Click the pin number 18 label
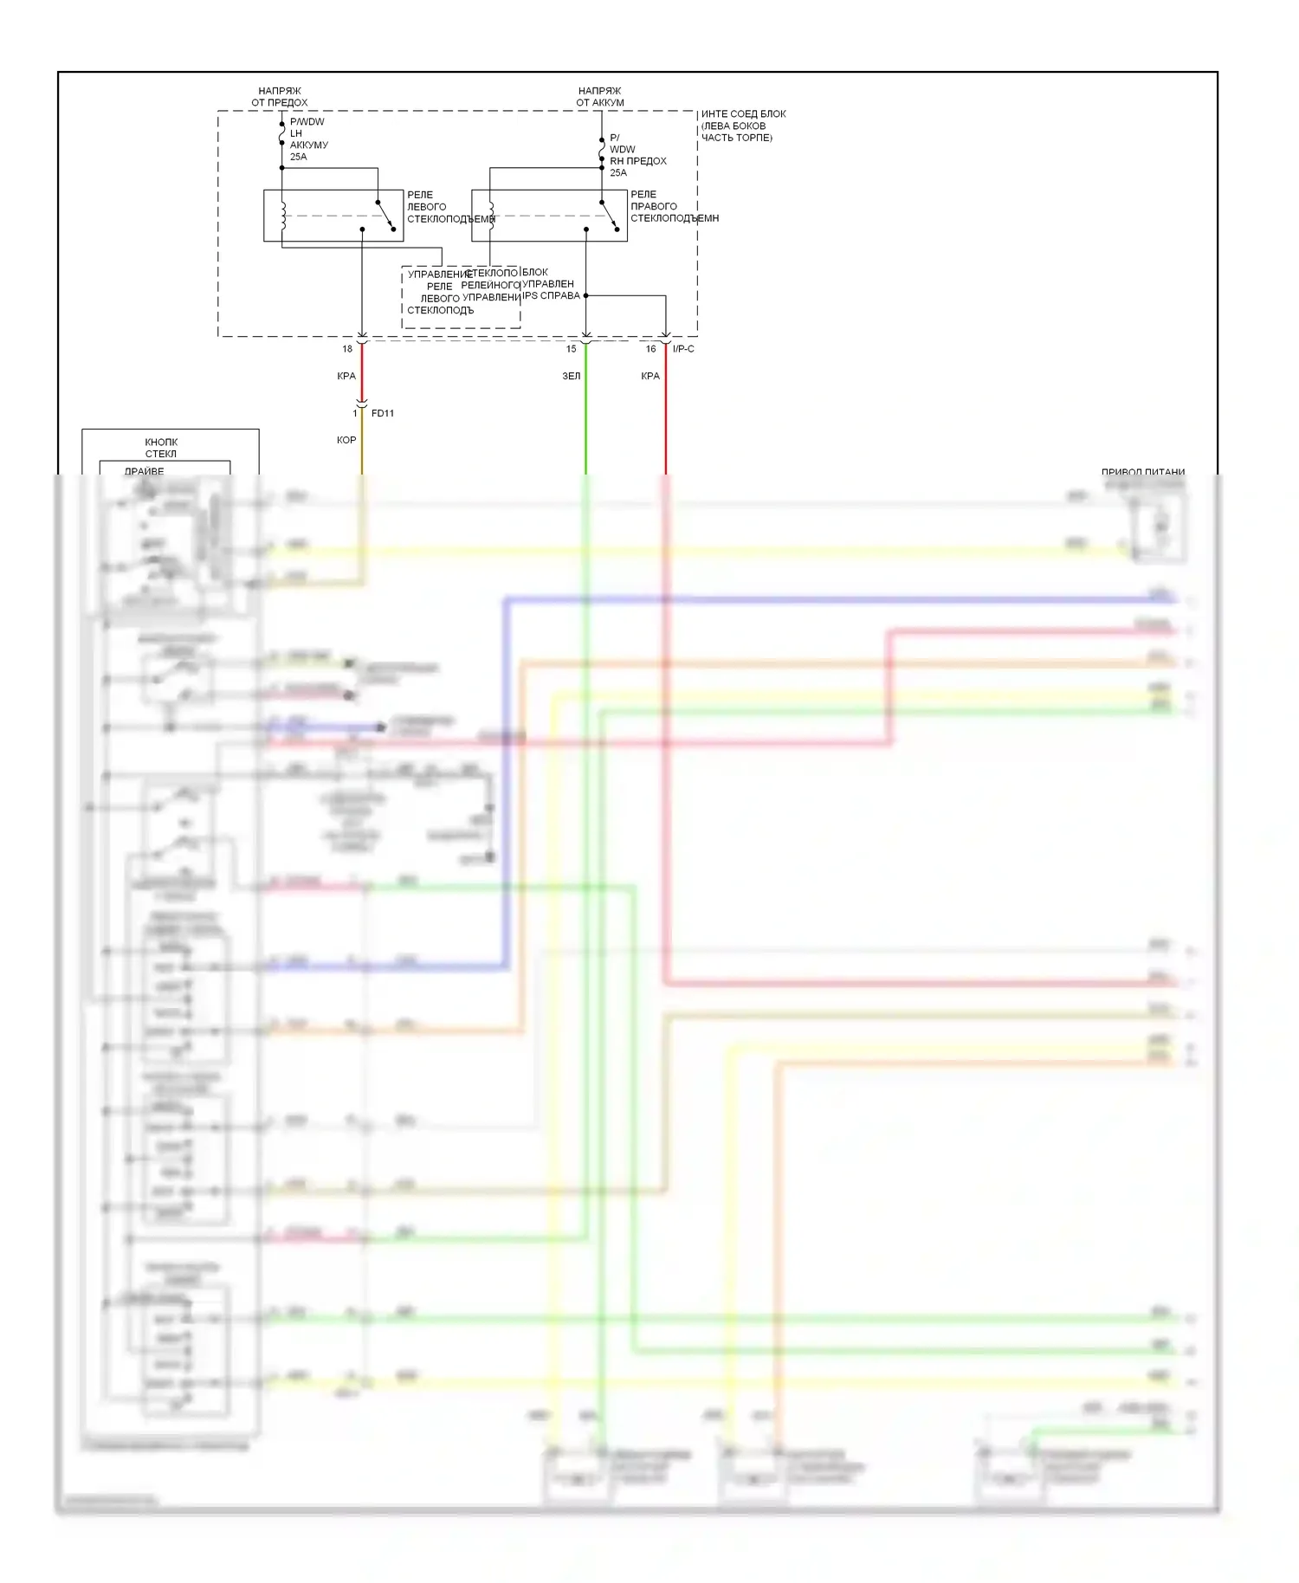coord(347,349)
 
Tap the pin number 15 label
coord(571,349)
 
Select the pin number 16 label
coord(650,349)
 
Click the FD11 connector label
coord(382,413)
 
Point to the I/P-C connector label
coord(683,349)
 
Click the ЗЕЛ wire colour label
coord(572,376)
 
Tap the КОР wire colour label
coord(346,440)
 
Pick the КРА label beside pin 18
coord(346,376)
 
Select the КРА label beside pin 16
coord(650,376)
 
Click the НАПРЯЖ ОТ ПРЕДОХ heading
coord(280,96)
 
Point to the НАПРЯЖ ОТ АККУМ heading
coord(600,96)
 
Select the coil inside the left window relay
coord(282,215)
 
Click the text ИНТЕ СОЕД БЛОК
coord(743,113)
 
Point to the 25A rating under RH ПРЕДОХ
coord(618,172)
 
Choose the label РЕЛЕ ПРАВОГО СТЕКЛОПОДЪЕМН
coord(674,206)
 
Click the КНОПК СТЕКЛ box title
coord(161,447)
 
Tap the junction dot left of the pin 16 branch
coord(586,295)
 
